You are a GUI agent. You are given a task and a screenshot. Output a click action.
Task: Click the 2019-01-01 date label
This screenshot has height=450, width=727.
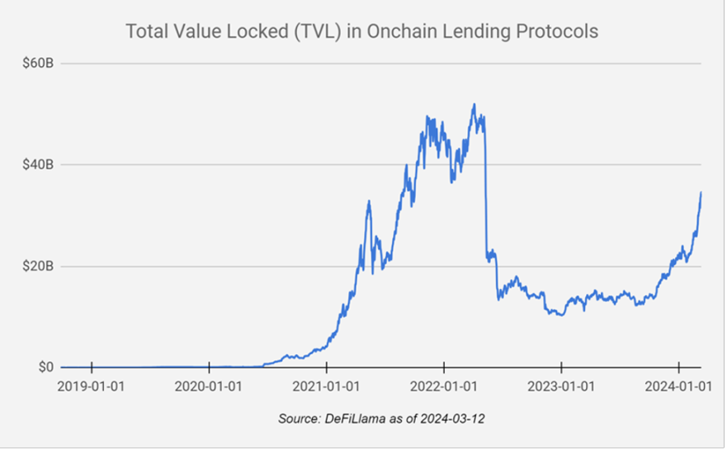click(x=92, y=386)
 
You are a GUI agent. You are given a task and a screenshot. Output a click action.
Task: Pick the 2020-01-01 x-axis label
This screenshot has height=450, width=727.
click(x=210, y=386)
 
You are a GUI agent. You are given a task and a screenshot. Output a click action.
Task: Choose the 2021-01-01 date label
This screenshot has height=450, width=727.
click(x=327, y=386)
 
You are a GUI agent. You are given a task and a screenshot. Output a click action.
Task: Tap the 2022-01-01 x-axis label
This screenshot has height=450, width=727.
click(x=444, y=386)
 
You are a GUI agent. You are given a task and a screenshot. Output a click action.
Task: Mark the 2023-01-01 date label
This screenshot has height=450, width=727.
click(x=561, y=386)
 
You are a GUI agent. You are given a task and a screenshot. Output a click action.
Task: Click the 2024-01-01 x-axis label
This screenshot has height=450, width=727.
click(x=678, y=386)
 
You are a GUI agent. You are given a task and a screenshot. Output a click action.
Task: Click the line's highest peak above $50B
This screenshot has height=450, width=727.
click(x=474, y=105)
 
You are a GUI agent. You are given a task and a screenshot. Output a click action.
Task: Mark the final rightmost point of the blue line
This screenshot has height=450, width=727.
click(x=701, y=192)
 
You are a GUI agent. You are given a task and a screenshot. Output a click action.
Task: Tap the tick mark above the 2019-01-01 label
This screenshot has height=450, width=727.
click(x=92, y=367)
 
